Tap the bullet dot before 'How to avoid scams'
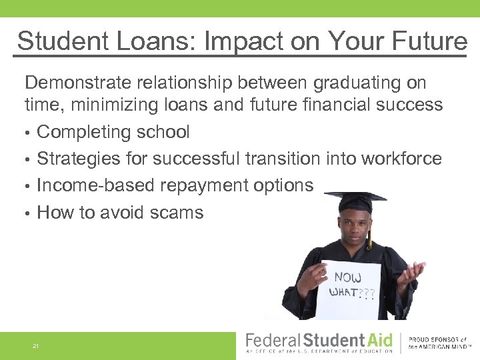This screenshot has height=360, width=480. [x=28, y=213]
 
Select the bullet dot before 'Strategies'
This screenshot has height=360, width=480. [x=28, y=159]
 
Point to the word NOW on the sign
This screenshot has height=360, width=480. [x=347, y=277]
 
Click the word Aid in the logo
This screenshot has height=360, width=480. [x=379, y=339]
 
